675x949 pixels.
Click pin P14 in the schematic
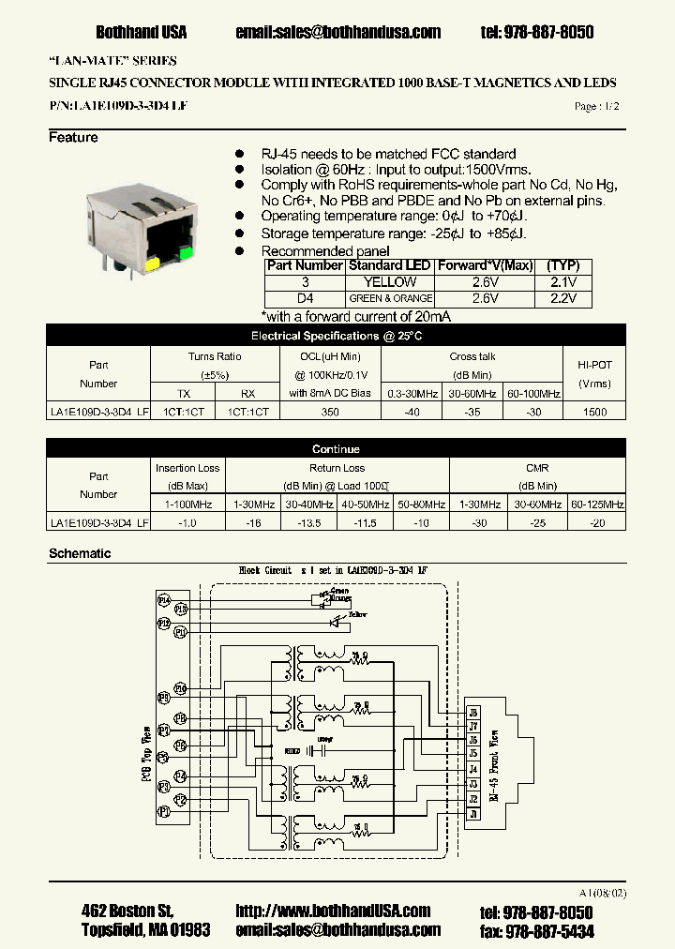coord(164,598)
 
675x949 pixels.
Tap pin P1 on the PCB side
coord(164,809)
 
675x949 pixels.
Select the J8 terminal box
coord(472,712)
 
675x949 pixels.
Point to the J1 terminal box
coord(472,815)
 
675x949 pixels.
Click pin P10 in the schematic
coord(180,688)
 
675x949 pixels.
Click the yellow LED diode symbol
coord(332,621)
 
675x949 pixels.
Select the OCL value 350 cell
coord(330,412)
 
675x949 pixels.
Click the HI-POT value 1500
coord(594,412)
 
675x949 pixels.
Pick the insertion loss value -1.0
coord(187,523)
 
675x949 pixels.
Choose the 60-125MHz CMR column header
coord(597,505)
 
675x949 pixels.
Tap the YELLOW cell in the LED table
coord(389,282)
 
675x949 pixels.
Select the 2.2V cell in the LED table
coord(563,299)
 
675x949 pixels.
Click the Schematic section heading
coord(80,553)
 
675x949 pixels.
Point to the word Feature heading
coord(73,138)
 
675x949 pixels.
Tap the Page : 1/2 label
coord(596,107)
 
